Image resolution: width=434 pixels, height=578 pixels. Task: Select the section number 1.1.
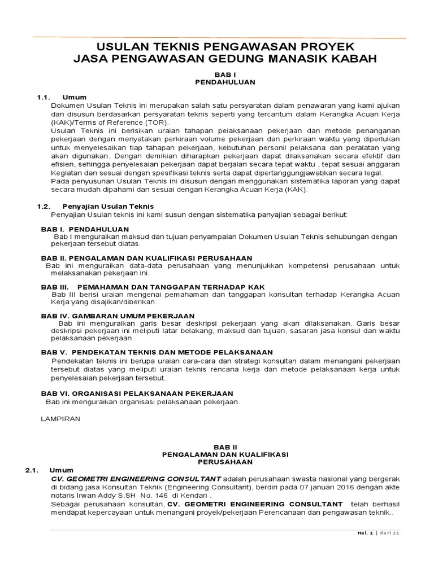coord(45,98)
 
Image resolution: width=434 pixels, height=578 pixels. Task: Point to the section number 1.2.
coord(45,206)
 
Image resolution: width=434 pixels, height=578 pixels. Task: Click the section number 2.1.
coord(33,470)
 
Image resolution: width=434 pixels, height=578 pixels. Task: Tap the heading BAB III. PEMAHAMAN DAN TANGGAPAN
coord(153,287)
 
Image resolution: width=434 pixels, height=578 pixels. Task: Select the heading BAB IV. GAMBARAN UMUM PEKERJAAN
coord(118,316)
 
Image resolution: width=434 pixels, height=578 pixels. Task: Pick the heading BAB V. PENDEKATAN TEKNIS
coord(157,352)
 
